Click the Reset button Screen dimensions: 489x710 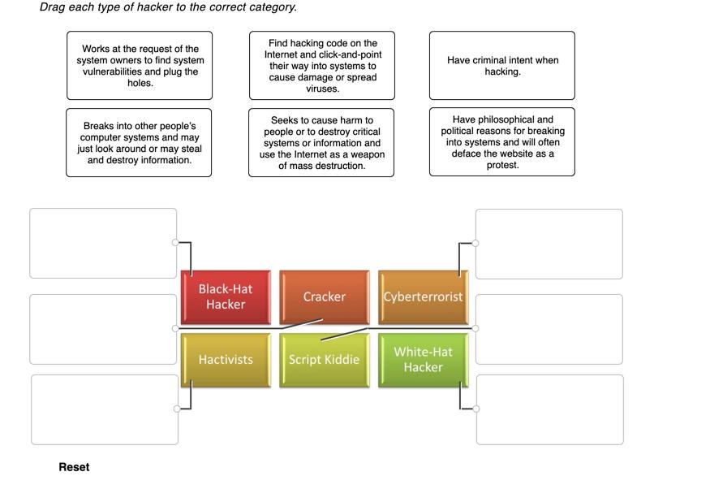[x=74, y=467]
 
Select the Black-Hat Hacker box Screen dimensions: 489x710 [x=226, y=296]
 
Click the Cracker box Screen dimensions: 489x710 [x=324, y=296]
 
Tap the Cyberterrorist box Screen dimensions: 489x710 [x=423, y=296]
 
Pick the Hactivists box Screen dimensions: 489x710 [x=226, y=359]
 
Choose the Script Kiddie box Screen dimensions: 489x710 [x=324, y=359]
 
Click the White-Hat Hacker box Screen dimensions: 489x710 [x=423, y=359]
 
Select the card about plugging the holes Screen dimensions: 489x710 [x=140, y=66]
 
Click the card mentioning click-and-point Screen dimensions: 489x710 [x=322, y=66]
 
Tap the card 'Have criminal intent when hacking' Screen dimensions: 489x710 [x=502, y=66]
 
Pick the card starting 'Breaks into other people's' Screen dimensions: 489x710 [x=140, y=143]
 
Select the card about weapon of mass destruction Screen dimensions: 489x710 [x=321, y=143]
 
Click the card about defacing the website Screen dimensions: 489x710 [x=502, y=142]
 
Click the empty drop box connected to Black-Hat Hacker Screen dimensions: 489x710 [x=103, y=244]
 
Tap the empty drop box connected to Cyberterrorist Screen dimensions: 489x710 [x=549, y=244]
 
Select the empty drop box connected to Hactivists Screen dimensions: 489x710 [x=105, y=409]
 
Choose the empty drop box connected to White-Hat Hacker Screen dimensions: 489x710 [x=549, y=409]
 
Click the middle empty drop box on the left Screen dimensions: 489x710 [x=103, y=329]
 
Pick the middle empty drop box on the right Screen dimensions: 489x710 [x=549, y=329]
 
